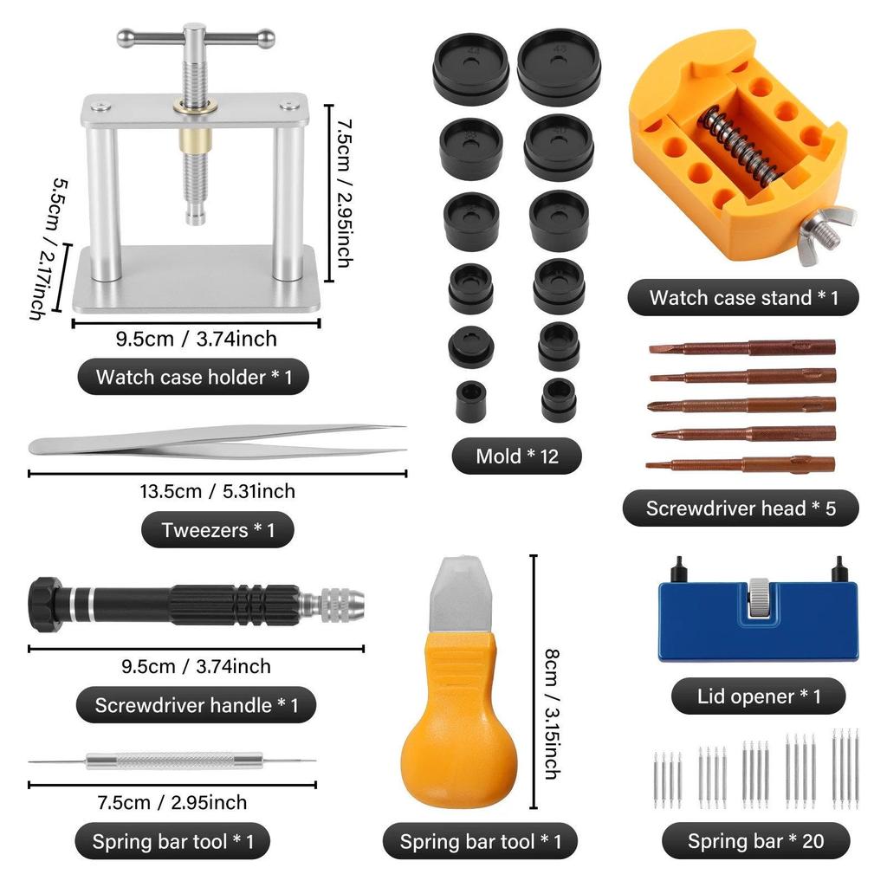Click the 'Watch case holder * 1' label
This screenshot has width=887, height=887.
(x=193, y=377)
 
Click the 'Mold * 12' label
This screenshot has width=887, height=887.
(x=517, y=456)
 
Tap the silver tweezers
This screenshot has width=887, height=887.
(x=217, y=441)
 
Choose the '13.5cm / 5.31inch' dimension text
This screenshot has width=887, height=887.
(x=217, y=491)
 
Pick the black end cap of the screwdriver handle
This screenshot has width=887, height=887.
(x=43, y=599)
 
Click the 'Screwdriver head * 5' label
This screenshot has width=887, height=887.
(x=741, y=508)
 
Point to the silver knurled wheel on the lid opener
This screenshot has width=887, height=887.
(x=760, y=597)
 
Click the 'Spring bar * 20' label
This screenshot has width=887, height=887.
(x=755, y=840)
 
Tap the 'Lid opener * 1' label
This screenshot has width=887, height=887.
(x=759, y=696)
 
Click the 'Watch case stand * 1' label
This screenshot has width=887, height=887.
(x=743, y=299)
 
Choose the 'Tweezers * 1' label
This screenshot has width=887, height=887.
(x=217, y=530)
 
